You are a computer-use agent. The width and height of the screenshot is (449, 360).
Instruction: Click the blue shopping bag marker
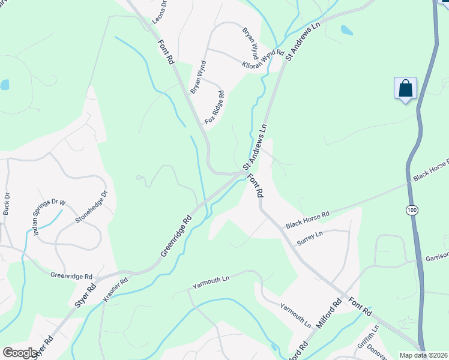406,89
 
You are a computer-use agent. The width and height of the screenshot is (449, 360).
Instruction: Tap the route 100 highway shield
411,211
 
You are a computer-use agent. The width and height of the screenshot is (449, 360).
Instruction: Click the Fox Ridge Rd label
214,107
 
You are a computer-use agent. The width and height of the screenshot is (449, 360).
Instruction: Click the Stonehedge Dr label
91,207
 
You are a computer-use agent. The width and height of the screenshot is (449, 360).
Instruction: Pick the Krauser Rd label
115,289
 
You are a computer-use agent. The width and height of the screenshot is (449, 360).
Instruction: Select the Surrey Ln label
311,235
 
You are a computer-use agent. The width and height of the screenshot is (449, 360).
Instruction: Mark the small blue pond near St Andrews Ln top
346,29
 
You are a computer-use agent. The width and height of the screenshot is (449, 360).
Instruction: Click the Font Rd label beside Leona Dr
166,52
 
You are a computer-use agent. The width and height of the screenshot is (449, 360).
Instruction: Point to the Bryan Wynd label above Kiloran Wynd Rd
250,39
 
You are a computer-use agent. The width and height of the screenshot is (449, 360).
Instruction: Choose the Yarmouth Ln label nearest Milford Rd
296,314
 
